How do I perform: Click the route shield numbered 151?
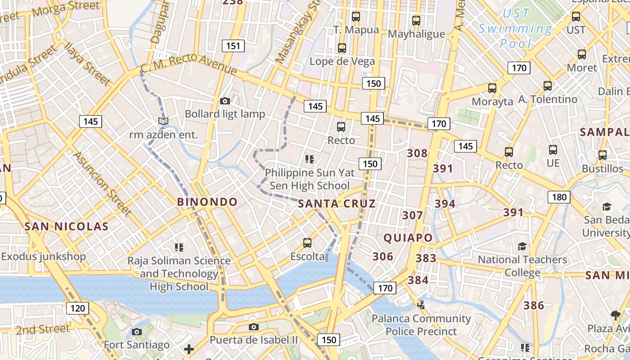(x=233, y=45)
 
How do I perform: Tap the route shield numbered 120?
(x=77, y=308)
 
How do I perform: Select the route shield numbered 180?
(x=559, y=197)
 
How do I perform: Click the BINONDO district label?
(x=207, y=202)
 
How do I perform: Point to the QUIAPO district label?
(x=408, y=238)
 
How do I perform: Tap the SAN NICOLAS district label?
(x=67, y=226)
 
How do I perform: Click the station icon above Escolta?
(x=307, y=243)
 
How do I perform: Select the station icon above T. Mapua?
(x=356, y=17)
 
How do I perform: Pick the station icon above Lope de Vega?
(x=342, y=48)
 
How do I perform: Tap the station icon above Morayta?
(x=492, y=88)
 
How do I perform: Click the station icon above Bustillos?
(x=602, y=155)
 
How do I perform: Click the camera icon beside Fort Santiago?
(x=137, y=332)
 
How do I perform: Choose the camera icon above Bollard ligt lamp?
(x=225, y=101)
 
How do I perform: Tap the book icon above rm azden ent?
(x=163, y=121)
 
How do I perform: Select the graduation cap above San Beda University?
(x=607, y=207)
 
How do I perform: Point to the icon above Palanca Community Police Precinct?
(x=421, y=305)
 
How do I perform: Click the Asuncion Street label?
(x=102, y=183)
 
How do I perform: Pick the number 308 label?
(x=417, y=153)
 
